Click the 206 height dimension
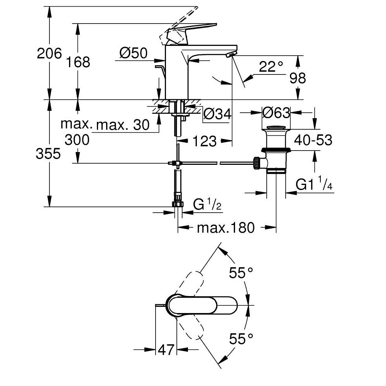(x=49, y=53)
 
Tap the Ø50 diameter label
(x=133, y=53)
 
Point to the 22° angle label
(x=271, y=67)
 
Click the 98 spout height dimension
(x=297, y=78)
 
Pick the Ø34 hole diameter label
(x=217, y=114)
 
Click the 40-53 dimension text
(x=313, y=140)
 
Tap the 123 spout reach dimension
(x=203, y=141)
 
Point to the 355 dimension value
(x=48, y=154)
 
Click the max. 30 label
(x=123, y=125)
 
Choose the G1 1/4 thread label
(x=314, y=185)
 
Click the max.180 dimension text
(x=226, y=228)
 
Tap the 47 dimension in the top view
(x=166, y=350)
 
